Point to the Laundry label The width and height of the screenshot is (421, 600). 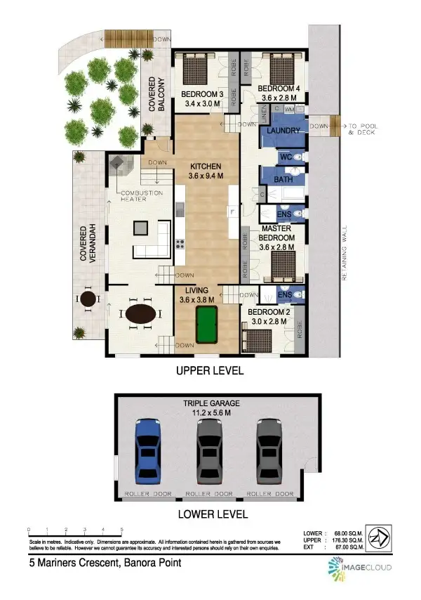tap(283, 131)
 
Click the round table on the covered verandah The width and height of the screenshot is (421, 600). tap(88, 299)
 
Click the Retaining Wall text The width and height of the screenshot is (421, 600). tap(344, 253)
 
